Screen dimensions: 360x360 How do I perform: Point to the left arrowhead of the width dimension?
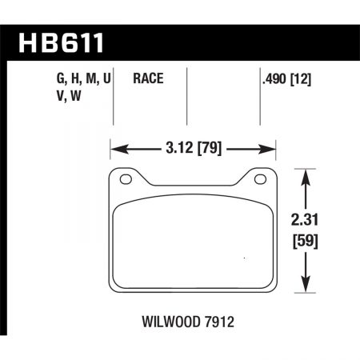point(114,149)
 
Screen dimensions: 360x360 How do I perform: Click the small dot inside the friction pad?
point(242,258)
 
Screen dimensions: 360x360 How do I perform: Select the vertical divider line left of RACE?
point(117,96)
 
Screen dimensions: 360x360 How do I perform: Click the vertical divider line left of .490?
point(262,96)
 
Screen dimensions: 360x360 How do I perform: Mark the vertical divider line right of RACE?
point(186,96)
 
